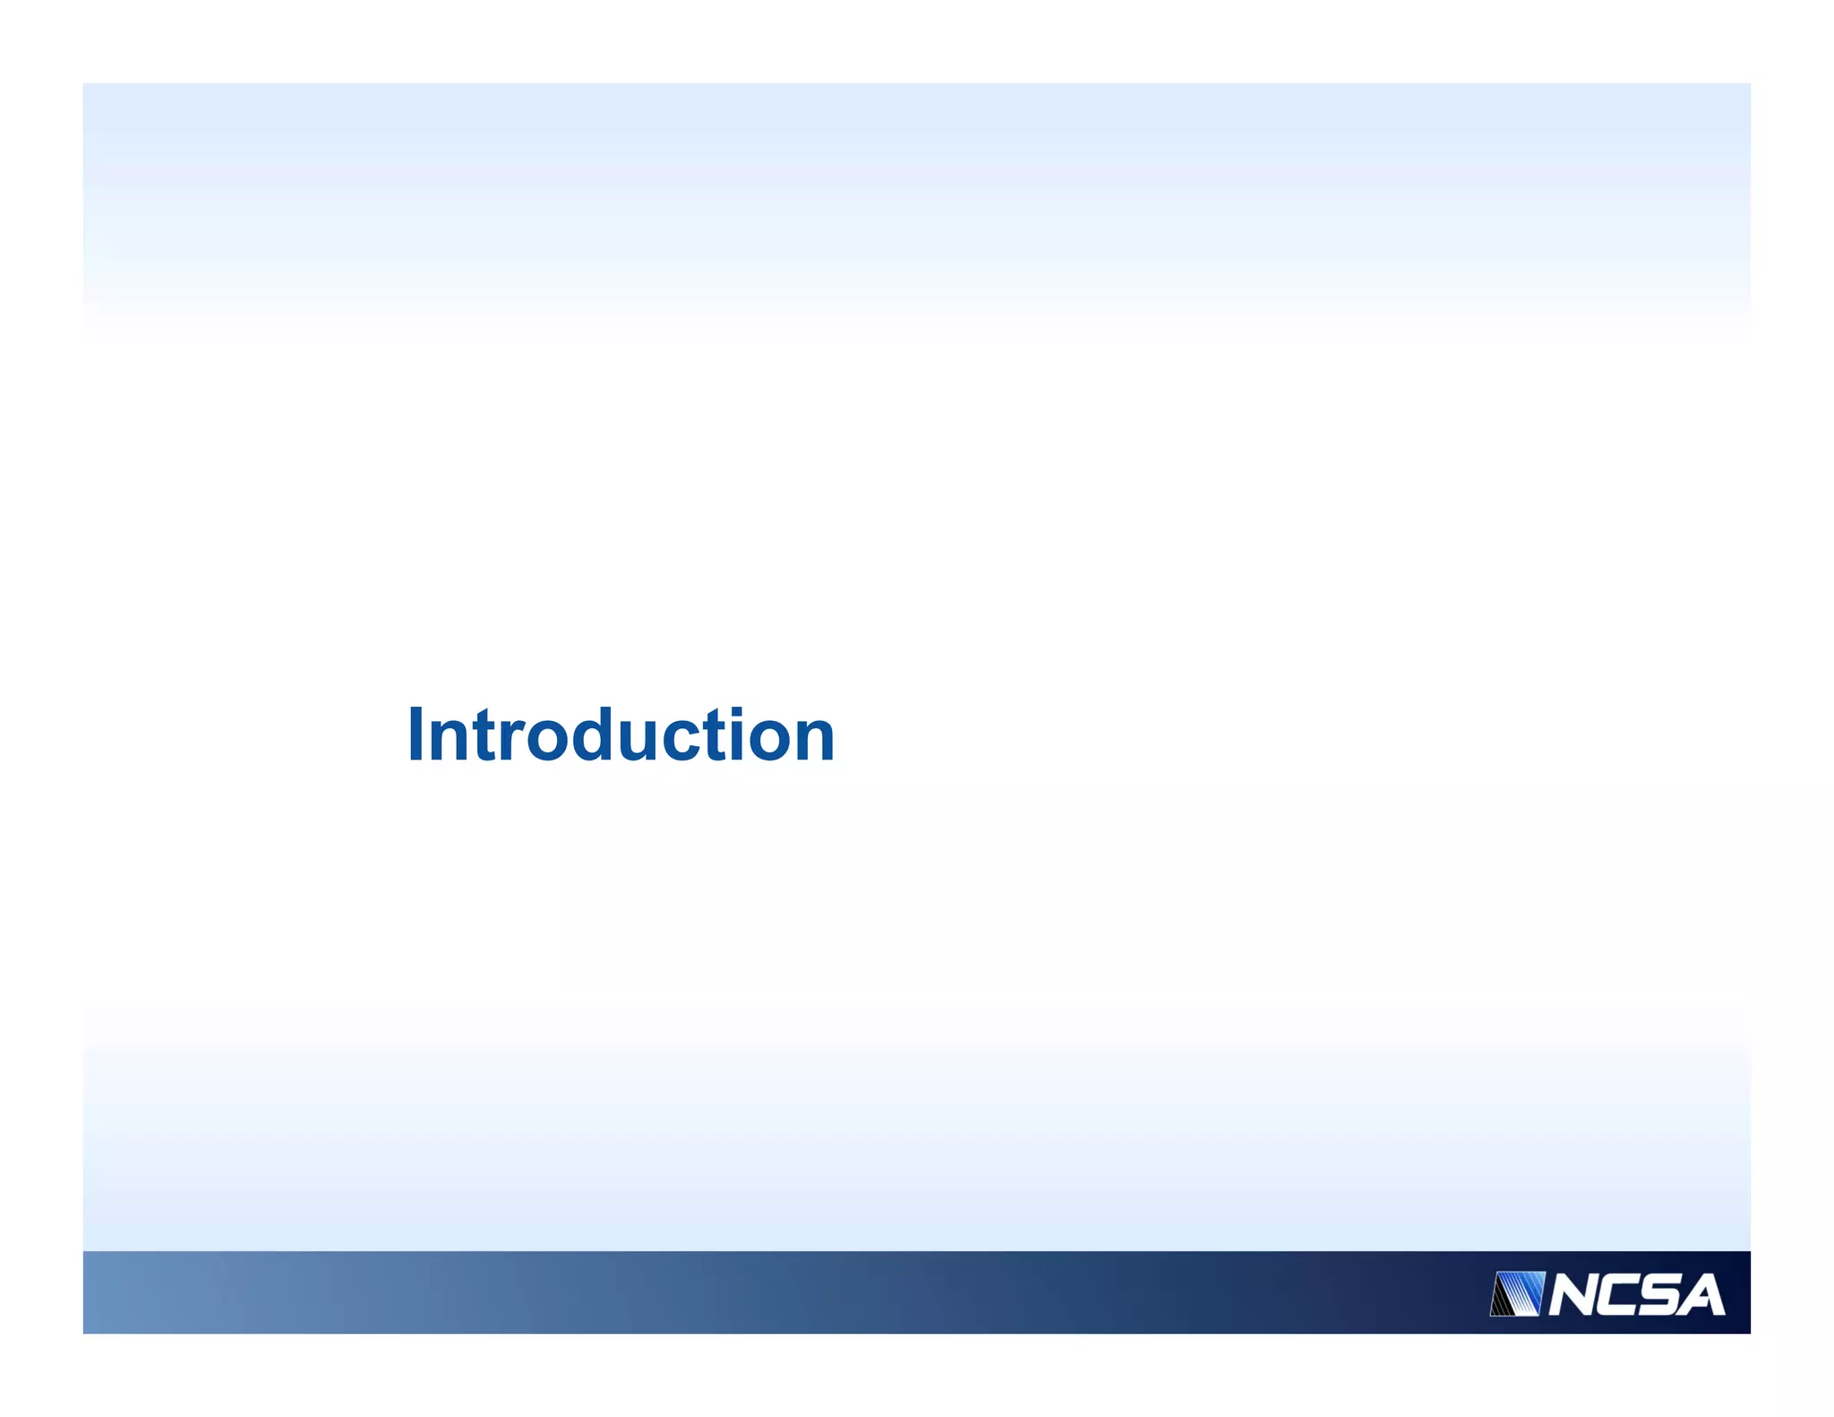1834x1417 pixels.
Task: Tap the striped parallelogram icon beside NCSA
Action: point(1518,1293)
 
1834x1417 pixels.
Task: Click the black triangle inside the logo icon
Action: point(1500,1303)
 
